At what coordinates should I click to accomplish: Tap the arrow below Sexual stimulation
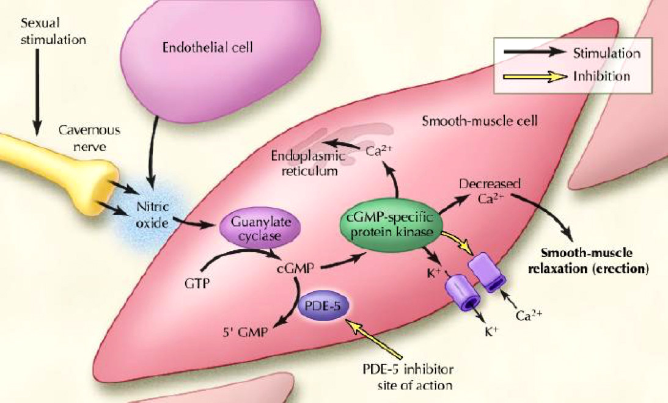39,92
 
